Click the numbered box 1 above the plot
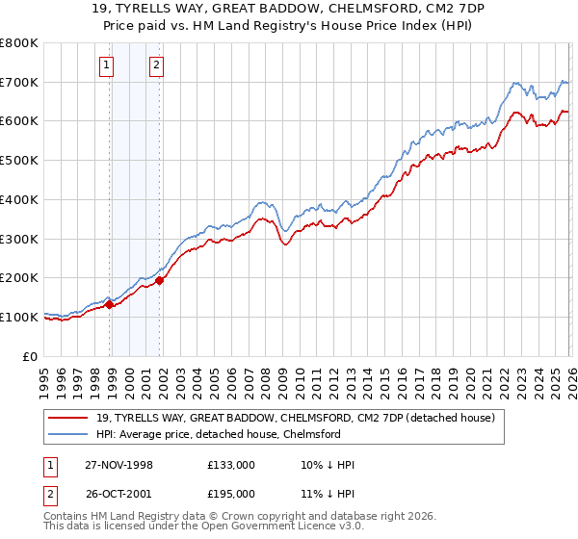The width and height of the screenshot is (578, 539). (x=106, y=66)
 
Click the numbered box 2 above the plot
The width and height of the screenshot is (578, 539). (x=155, y=66)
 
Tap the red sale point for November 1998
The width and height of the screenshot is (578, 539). (x=110, y=304)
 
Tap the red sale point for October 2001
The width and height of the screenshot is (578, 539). (x=160, y=280)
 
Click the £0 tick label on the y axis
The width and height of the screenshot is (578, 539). (x=31, y=356)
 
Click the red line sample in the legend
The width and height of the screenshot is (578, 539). (x=68, y=418)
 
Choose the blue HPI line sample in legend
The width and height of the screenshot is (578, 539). (x=68, y=434)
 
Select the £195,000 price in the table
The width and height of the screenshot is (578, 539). (x=231, y=493)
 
